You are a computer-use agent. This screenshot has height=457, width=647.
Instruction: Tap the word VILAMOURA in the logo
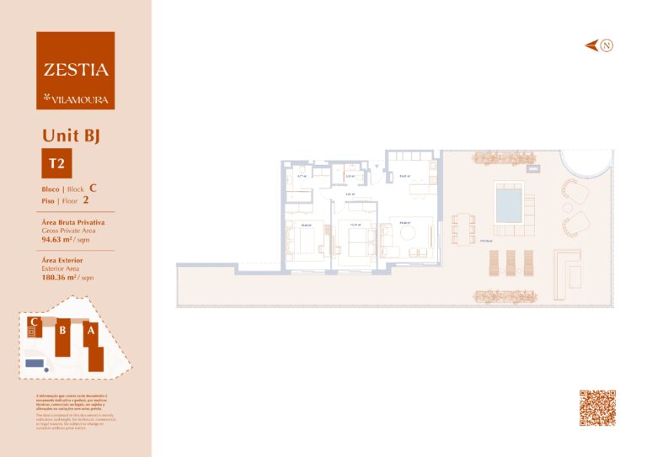(x=80, y=98)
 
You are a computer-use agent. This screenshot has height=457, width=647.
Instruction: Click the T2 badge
(x=57, y=163)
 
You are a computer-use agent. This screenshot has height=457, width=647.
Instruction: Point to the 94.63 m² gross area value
(x=59, y=239)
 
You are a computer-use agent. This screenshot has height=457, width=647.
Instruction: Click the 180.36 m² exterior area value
(x=61, y=276)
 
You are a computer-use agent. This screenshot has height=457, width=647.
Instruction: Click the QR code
(x=597, y=407)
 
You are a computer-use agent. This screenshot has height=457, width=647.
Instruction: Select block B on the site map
(x=62, y=332)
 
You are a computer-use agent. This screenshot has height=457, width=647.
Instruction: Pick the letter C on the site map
(x=33, y=321)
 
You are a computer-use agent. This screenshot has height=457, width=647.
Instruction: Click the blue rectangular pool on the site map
(x=35, y=363)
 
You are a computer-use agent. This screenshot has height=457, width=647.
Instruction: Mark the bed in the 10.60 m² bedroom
(x=304, y=242)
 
